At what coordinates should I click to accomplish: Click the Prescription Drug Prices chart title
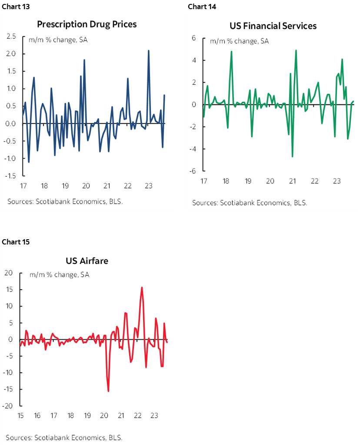87,24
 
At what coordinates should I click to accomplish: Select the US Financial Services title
273,26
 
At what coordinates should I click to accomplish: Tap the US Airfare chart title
87,261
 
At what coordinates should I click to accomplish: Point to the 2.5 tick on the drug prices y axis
11,36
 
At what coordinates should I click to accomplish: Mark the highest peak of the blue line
149,51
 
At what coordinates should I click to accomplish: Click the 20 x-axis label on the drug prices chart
86,186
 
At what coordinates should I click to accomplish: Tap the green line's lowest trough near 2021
292,157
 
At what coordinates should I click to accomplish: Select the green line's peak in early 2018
231,52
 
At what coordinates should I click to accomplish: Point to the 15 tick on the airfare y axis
9,290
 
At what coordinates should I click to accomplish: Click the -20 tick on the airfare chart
8,406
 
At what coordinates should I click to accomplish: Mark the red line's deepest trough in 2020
108,391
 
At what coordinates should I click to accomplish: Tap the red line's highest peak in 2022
142,287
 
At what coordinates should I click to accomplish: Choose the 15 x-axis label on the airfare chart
20,416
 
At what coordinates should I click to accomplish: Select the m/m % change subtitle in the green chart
239,41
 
